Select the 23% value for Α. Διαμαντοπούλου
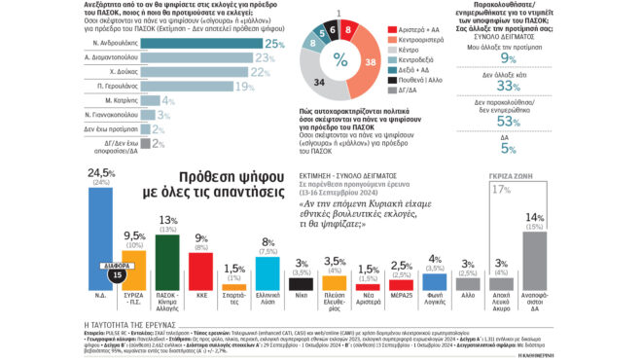click(x=258, y=58)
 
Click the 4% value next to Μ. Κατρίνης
click(x=168, y=99)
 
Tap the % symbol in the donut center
click(x=339, y=58)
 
